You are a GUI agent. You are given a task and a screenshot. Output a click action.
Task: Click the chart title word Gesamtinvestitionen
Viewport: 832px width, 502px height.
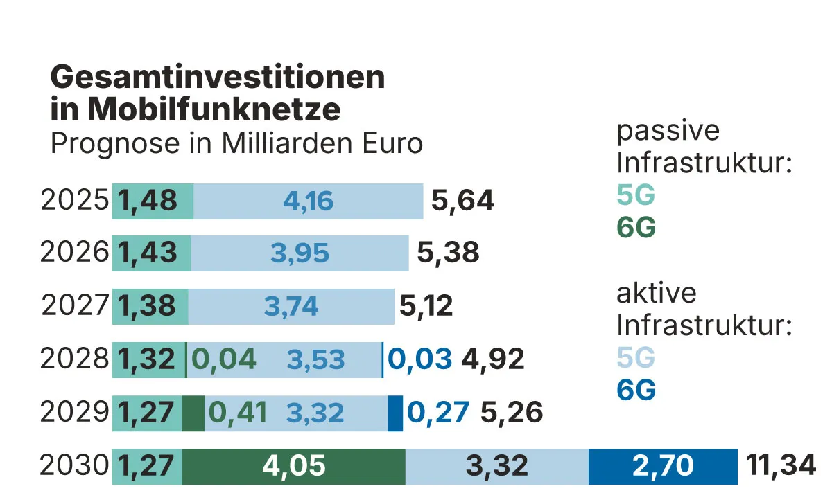[217, 77]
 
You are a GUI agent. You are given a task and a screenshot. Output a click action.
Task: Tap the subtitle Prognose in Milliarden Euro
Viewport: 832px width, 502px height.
[236, 144]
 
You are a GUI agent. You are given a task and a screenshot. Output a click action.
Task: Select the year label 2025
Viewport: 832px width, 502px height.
[75, 201]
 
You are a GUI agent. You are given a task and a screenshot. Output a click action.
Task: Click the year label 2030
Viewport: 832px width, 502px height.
[75, 466]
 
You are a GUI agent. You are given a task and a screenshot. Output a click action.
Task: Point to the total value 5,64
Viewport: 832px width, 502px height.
[462, 201]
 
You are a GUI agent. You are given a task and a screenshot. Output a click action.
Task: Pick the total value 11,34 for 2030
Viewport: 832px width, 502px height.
[781, 466]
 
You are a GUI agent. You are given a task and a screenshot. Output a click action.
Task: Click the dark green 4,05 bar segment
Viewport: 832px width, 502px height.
[293, 466]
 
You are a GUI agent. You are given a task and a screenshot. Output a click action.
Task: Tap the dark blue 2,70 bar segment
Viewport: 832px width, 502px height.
[662, 466]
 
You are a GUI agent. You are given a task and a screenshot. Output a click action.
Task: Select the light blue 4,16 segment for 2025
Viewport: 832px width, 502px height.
[308, 201]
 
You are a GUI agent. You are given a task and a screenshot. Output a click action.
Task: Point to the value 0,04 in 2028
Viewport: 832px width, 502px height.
[224, 359]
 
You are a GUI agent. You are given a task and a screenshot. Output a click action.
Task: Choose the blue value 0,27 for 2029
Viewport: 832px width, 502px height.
[439, 413]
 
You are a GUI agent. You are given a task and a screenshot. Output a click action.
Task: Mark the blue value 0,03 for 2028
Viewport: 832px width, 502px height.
[420, 359]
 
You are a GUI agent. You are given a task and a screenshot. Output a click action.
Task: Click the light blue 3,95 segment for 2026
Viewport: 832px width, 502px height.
[300, 253]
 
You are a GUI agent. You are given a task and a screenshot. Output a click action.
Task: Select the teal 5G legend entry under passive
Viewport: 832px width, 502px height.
[636, 197]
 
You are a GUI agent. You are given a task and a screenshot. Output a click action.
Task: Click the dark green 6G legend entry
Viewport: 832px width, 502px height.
[636, 228]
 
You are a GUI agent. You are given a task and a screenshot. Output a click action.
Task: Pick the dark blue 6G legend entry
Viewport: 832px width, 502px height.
[636, 391]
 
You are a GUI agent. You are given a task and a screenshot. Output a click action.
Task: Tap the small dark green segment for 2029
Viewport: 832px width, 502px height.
[193, 413]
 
